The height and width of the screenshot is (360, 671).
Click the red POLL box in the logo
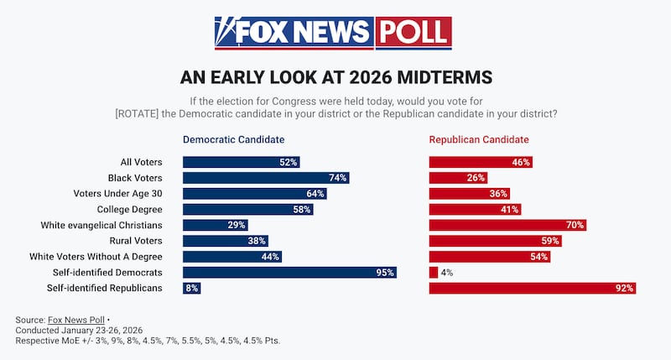click(413, 33)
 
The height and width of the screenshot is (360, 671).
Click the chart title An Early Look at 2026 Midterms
click(335, 77)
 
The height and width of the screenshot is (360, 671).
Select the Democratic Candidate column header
click(233, 139)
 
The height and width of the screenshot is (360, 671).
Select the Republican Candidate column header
click(479, 139)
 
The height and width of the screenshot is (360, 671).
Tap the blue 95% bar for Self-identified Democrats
click(289, 272)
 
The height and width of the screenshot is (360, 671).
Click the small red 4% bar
click(434, 272)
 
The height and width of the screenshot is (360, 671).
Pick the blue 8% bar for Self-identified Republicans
click(192, 288)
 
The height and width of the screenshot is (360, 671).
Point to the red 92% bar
click(532, 288)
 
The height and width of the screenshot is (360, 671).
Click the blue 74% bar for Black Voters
click(265, 178)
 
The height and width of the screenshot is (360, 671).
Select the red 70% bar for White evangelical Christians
click(507, 225)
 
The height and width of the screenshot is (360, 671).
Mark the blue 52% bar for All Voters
click(241, 162)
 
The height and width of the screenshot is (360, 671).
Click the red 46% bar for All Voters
click(481, 162)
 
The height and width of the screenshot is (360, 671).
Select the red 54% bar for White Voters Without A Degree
click(489, 257)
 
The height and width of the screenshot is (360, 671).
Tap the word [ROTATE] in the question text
click(137, 113)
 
